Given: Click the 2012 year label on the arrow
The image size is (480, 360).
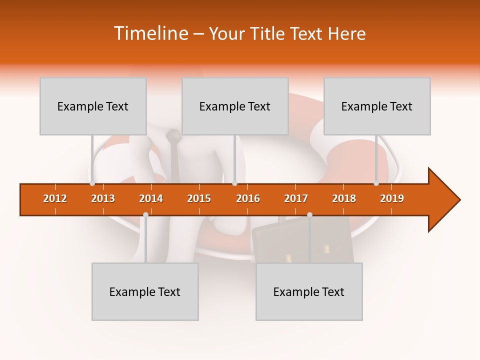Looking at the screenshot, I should coord(55,198).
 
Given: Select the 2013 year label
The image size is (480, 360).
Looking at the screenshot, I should coord(103,198).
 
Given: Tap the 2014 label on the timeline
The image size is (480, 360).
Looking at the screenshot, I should coord(151,198).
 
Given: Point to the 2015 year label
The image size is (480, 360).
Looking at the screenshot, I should coord(199,198).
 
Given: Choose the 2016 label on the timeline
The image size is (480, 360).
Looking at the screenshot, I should coord(248,198).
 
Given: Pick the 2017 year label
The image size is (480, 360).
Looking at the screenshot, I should coord(296,198).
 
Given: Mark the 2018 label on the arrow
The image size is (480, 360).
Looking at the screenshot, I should coord(344,198).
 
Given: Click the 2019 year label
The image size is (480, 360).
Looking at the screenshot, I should coord(392,198).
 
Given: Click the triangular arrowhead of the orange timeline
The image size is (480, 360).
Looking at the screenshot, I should coord(443,200).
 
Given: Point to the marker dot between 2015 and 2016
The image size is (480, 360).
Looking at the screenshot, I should coord(234,183).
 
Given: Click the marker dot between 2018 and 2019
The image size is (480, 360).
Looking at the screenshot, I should coord(376,183).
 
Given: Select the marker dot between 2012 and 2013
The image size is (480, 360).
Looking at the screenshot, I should coord(92,183).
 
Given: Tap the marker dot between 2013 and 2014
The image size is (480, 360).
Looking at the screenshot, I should coord(145,214).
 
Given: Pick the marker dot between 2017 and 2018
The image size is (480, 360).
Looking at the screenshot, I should coord(309,214).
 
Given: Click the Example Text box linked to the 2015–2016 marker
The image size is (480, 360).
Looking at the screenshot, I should coord(235,106).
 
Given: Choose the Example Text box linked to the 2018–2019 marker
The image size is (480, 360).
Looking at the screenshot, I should coord(377,106).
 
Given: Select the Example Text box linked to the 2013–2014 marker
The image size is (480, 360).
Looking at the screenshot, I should coord(145,291).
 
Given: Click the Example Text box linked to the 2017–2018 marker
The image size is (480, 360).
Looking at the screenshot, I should coord(309,291).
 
